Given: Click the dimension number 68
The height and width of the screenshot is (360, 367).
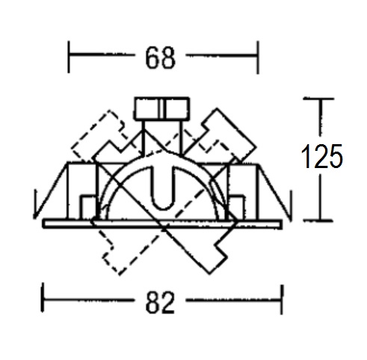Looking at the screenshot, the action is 160,58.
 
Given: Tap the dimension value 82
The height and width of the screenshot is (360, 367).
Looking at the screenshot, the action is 160,302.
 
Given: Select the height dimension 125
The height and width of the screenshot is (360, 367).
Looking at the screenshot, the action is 321,156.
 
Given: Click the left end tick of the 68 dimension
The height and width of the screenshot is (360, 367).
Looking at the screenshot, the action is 69,57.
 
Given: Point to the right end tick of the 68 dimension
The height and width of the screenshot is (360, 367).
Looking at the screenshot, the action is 258,58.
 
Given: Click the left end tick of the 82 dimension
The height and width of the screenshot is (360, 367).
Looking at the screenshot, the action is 43,297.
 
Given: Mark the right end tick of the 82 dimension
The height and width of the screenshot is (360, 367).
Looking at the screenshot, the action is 282,300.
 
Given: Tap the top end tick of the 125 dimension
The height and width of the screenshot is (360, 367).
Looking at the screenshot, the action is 318,99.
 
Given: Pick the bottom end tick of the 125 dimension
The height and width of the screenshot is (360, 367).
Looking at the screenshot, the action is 318,220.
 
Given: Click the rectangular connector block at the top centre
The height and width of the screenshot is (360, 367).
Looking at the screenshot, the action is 162,108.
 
